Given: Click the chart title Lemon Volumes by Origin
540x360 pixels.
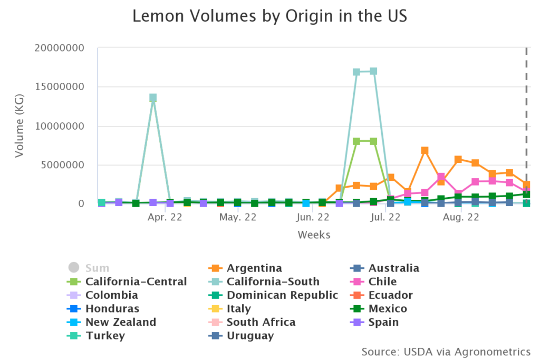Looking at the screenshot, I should pyautogui.click(x=269, y=16).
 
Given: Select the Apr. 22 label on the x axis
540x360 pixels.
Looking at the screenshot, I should pyautogui.click(x=165, y=217).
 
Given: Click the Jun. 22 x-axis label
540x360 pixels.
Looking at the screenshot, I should pyautogui.click(x=313, y=217).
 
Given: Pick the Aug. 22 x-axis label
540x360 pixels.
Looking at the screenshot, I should pyautogui.click(x=461, y=217).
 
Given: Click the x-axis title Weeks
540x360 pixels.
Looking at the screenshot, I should pyautogui.click(x=314, y=235).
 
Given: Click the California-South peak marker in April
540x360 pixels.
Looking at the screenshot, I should pyautogui.click(x=153, y=98).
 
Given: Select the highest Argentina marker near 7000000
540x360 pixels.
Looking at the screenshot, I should pyautogui.click(x=425, y=151).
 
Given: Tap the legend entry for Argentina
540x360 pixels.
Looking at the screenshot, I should pyautogui.click(x=254, y=268).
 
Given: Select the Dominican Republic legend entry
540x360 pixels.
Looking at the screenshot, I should pyautogui.click(x=282, y=295).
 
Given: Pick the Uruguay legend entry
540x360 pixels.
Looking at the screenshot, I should pyautogui.click(x=250, y=336).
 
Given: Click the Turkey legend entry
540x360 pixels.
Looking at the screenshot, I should pyautogui.click(x=105, y=336).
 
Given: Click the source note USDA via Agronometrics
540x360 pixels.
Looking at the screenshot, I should pyautogui.click(x=446, y=351).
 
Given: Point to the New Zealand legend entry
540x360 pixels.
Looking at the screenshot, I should pyautogui.click(x=121, y=322).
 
